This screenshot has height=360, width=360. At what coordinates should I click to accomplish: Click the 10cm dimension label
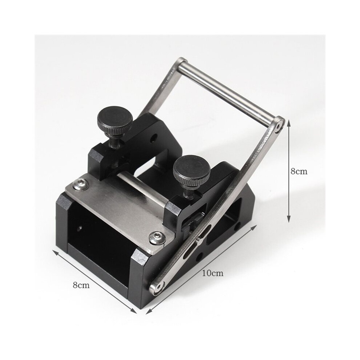click(x=213, y=273)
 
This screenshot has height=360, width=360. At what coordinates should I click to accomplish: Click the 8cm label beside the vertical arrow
click(x=299, y=171)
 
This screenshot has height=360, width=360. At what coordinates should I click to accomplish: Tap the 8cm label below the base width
click(x=81, y=285)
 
